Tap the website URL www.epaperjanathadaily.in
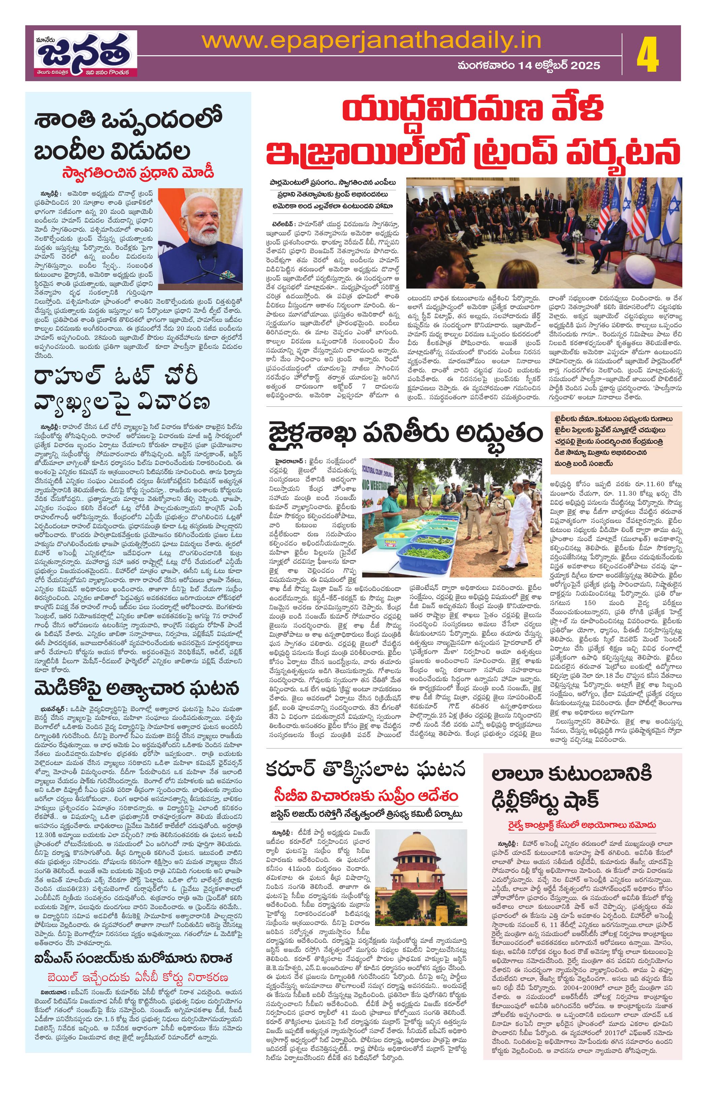pyautogui.click(x=371, y=40)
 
